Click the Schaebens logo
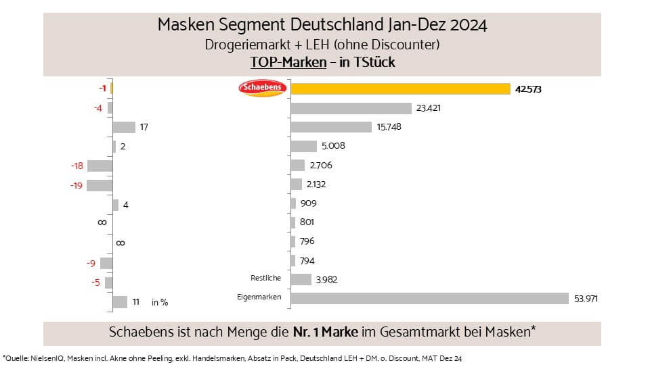(263, 89)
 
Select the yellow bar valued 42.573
(399, 89)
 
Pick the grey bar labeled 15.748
(330, 127)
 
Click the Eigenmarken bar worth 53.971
(429, 298)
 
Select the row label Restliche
(267, 278)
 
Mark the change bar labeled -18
(99, 166)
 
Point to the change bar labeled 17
(124, 127)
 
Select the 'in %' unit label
(160, 303)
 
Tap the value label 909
(308, 203)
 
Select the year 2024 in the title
(467, 26)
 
